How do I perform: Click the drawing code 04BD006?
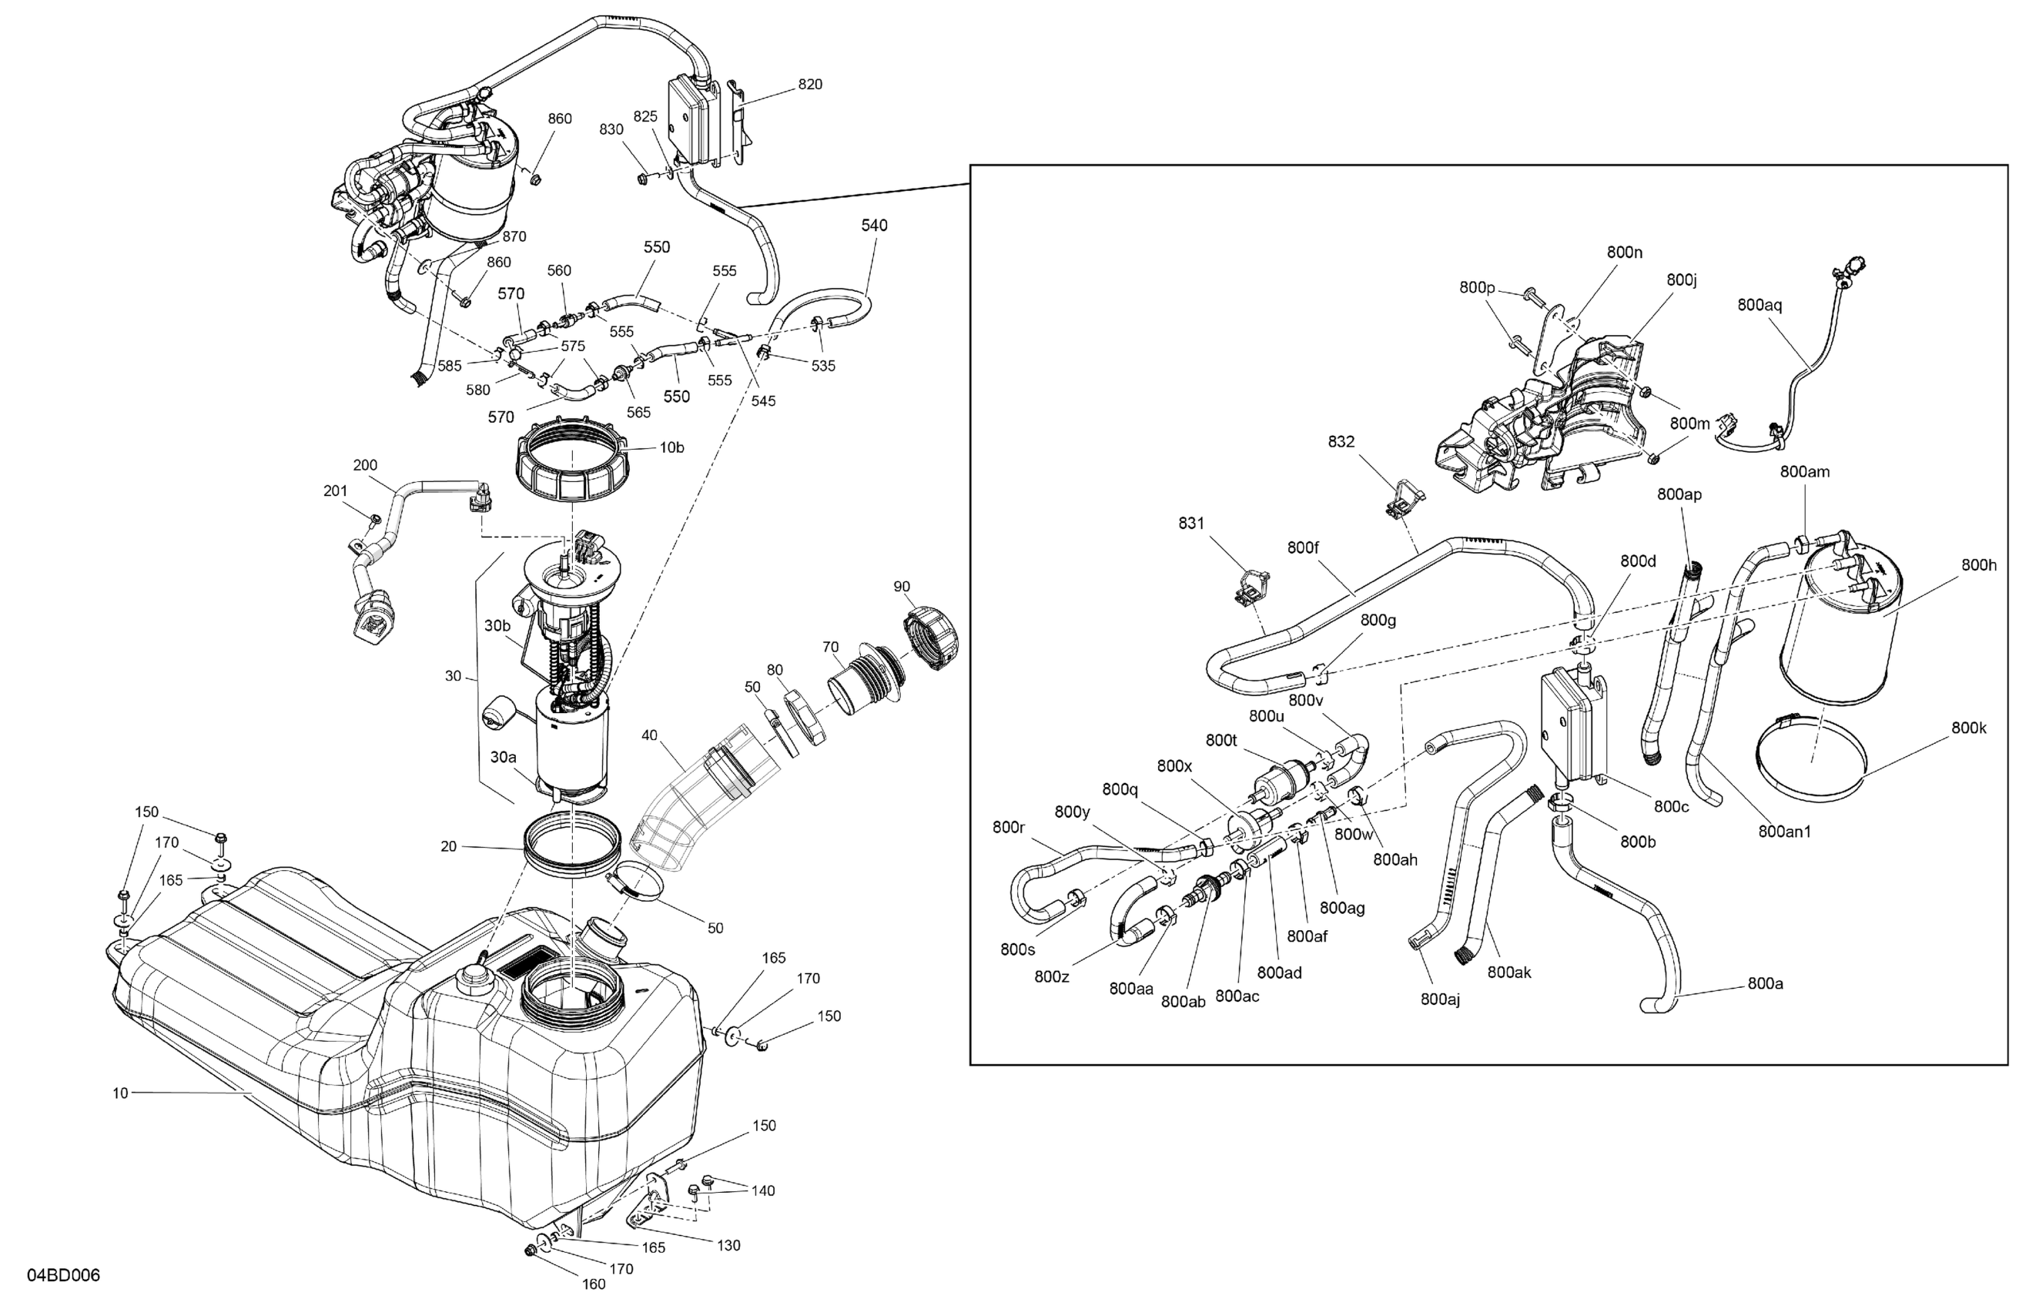click(64, 1275)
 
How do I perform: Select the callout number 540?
click(874, 225)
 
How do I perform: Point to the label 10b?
click(672, 447)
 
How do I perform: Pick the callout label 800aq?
click(1760, 305)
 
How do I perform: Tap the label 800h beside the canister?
click(1979, 564)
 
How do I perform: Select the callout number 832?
click(1341, 441)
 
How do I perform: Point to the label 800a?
click(1766, 983)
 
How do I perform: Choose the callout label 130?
click(728, 1244)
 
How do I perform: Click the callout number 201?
click(335, 490)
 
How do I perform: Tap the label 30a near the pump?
click(502, 756)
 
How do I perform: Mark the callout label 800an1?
click(1785, 832)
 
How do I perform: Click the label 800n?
click(1625, 251)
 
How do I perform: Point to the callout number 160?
click(594, 1284)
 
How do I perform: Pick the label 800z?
click(1052, 976)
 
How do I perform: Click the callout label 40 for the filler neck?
click(649, 735)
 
